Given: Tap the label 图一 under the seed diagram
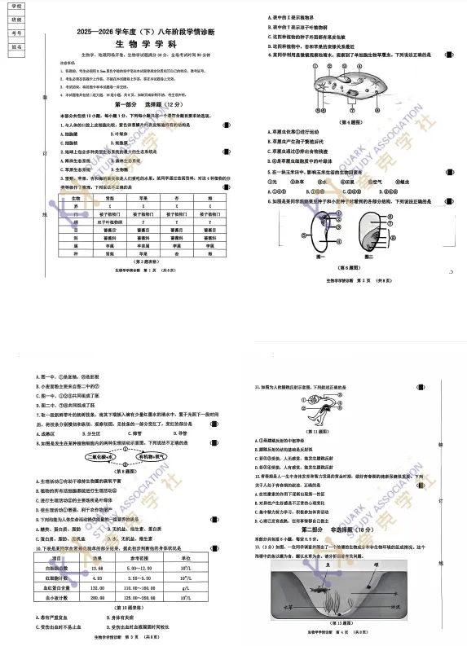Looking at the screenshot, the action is click(x=320, y=256).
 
